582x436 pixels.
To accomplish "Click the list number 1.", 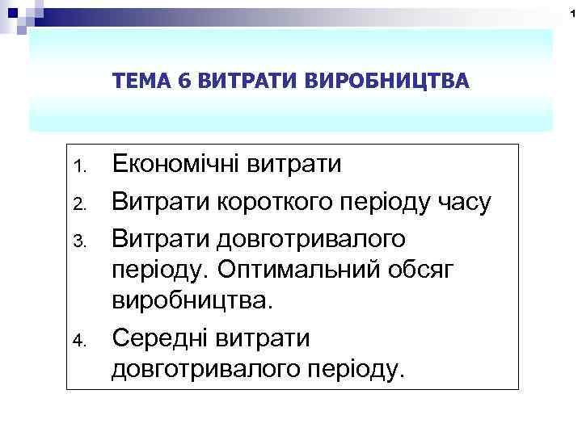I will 78,169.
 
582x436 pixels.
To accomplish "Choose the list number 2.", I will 78,203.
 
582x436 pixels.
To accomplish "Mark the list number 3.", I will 78,239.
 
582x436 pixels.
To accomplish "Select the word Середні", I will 160,337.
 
